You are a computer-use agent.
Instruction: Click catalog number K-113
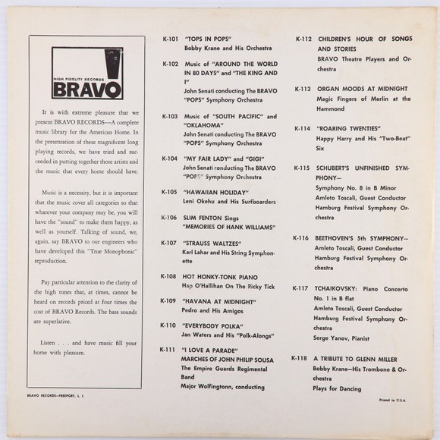[x=302, y=88]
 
